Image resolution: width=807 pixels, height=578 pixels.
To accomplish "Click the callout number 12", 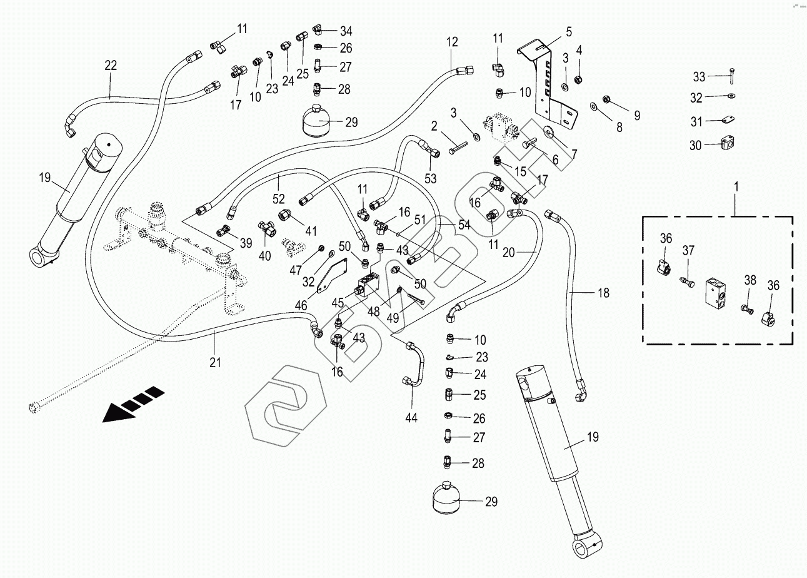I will (x=452, y=43).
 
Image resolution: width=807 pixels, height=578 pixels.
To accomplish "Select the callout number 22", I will (x=111, y=65).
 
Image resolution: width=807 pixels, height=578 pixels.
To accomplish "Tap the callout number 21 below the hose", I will (x=216, y=362).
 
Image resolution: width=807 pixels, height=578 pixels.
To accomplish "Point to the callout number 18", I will (x=603, y=293).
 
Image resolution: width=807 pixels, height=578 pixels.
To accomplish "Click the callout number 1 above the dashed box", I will (x=736, y=186).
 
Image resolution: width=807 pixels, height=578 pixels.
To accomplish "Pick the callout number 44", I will (x=412, y=417).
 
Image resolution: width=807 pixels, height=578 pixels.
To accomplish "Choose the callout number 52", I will (x=279, y=199).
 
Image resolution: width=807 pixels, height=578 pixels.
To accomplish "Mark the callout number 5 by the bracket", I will (x=569, y=31).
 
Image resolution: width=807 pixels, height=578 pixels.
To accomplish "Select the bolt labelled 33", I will (x=730, y=76).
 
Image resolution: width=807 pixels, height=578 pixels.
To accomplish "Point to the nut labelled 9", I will (x=606, y=98).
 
